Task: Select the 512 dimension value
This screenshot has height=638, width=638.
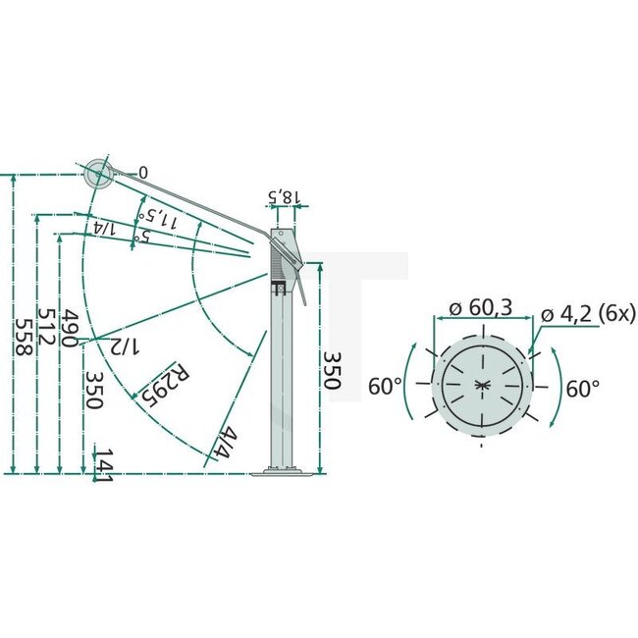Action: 45,329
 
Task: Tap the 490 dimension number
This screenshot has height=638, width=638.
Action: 69,328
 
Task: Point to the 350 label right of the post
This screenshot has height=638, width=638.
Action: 331,368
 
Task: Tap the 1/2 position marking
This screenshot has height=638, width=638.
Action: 126,346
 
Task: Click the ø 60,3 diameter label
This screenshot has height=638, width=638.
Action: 481,310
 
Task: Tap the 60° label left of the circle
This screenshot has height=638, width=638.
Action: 384,386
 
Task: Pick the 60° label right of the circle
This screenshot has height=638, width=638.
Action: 582,388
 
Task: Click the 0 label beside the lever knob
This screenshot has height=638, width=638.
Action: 143,173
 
